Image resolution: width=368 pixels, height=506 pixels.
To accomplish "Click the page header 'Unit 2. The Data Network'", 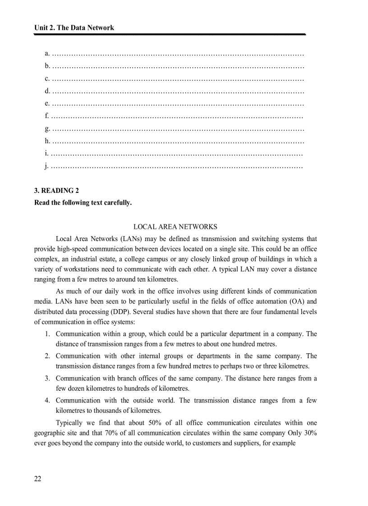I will pos(74,28).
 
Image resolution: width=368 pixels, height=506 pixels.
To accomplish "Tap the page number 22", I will pos(37,479).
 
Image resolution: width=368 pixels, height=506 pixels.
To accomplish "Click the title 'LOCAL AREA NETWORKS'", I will pos(175,227).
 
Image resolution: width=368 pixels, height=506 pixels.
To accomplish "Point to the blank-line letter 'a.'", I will pos(47,54).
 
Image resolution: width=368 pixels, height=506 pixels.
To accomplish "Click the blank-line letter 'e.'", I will pos(47,104).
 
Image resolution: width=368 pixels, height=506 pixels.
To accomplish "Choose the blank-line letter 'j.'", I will pos(46,166).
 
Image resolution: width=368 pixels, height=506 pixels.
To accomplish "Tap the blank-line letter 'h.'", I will pos(47,141).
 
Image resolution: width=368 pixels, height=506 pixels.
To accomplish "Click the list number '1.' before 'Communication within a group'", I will pos(47,334).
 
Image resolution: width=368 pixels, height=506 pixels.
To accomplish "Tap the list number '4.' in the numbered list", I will pos(47,401).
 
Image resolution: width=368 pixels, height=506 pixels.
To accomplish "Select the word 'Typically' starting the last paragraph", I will pos(69,423).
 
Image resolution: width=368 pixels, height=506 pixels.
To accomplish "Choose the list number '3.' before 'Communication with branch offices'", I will pos(47,378).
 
